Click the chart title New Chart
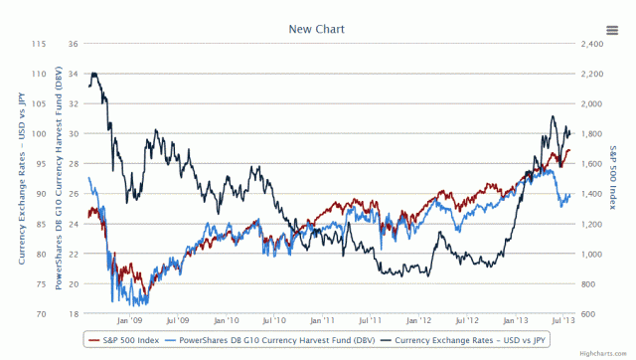coord(317,29)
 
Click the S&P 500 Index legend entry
coord(125,339)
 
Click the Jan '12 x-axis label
coord(415,321)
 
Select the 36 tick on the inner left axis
coord(73,44)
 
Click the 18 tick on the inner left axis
coord(73,314)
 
